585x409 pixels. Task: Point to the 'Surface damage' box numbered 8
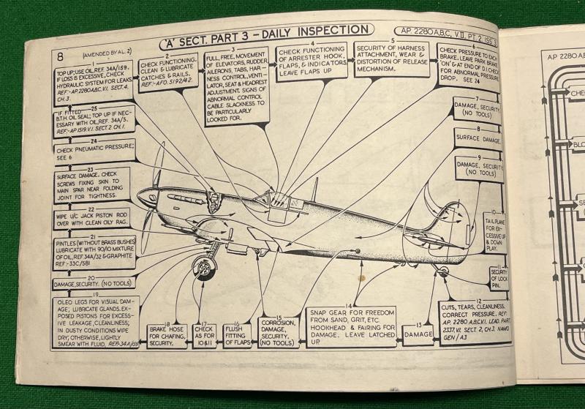477,137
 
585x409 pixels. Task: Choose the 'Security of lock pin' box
499,279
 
